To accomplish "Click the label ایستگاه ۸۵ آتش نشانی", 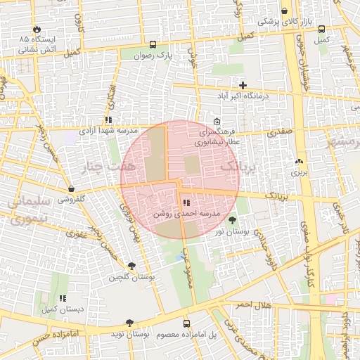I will pos(39,43).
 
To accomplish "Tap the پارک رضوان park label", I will pos(153,54).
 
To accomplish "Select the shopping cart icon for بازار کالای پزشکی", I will pos(284,11).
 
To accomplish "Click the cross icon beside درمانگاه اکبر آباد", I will pos(243,85).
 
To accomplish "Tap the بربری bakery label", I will pos(300,171).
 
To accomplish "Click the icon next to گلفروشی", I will pos(72,188).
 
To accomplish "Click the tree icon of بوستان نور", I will pos(232,221).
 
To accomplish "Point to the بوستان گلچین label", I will pos(131,277).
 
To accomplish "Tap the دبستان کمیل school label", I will pos(62,309).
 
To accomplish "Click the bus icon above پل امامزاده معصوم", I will pos(186,323).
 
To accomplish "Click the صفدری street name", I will pos(281,131).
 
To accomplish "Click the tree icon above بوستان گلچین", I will pos(131,265).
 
